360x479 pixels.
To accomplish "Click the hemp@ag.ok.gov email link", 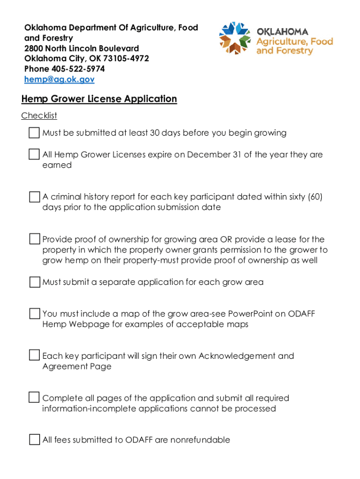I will click(59, 80).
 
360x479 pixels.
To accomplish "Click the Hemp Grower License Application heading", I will click(99, 99).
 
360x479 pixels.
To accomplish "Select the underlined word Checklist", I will click(39, 116).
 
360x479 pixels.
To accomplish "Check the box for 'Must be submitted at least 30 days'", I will click(34, 133).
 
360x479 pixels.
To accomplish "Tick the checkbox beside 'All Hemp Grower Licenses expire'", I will click(34, 154).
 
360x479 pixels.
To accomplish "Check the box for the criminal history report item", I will click(34, 197).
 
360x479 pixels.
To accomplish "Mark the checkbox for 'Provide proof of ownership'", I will click(34, 239).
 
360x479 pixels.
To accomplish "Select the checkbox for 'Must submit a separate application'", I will click(34, 282).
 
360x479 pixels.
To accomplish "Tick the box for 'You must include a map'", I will click(34, 313).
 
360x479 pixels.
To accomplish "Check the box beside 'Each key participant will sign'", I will click(34, 356).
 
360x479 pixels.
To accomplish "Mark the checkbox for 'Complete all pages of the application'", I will click(34, 398).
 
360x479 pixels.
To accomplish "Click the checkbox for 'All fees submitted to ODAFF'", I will click(34, 440).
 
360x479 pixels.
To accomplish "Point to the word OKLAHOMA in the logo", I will click(282, 32).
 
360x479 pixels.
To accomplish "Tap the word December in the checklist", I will click(208, 154).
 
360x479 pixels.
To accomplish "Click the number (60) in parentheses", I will click(315, 197).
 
